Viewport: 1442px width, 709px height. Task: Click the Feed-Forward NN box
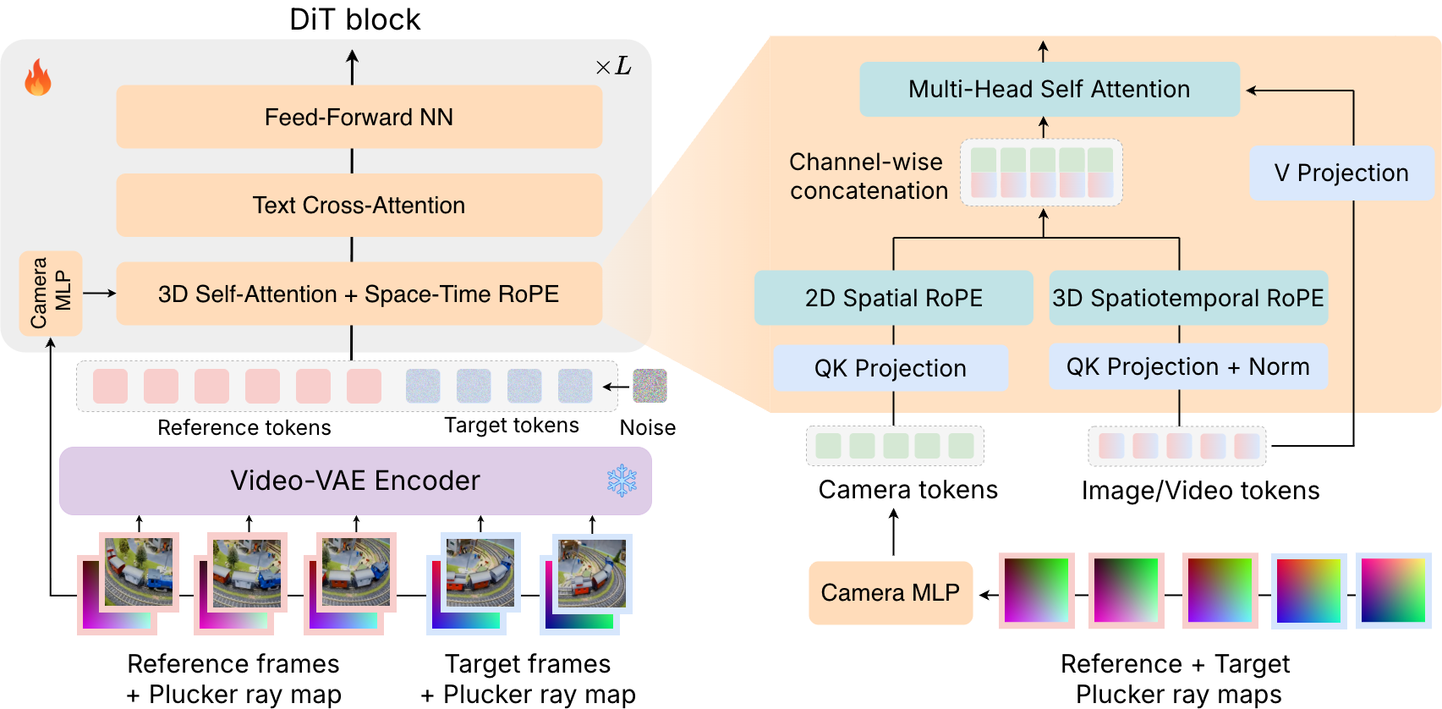[359, 117]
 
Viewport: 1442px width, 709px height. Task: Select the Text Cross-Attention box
[359, 205]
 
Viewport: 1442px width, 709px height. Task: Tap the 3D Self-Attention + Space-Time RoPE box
[359, 294]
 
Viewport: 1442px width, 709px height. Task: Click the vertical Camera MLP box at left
[51, 293]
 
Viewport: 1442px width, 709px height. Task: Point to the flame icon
[38, 78]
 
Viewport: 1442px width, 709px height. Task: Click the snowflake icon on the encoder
[622, 481]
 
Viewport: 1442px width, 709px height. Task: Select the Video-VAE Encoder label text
[354, 481]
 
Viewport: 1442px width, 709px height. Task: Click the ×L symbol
[613, 67]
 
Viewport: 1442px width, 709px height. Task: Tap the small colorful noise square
[650, 386]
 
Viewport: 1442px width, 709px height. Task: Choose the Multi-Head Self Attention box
[1049, 89]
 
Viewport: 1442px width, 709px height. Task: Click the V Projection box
[1341, 173]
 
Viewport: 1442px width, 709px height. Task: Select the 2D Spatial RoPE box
[893, 298]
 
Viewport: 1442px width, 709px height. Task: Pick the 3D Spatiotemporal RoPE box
[1187, 298]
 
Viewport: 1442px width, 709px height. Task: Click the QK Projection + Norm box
[1187, 366]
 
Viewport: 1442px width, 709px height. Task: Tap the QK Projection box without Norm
[890, 368]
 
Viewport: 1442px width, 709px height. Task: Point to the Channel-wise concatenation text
[868, 176]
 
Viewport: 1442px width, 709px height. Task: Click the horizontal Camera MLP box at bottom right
[890, 592]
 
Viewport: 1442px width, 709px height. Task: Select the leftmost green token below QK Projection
[828, 446]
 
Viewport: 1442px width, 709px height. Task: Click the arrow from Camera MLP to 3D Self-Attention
[99, 293]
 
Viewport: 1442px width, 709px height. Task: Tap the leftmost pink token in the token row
[110, 386]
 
